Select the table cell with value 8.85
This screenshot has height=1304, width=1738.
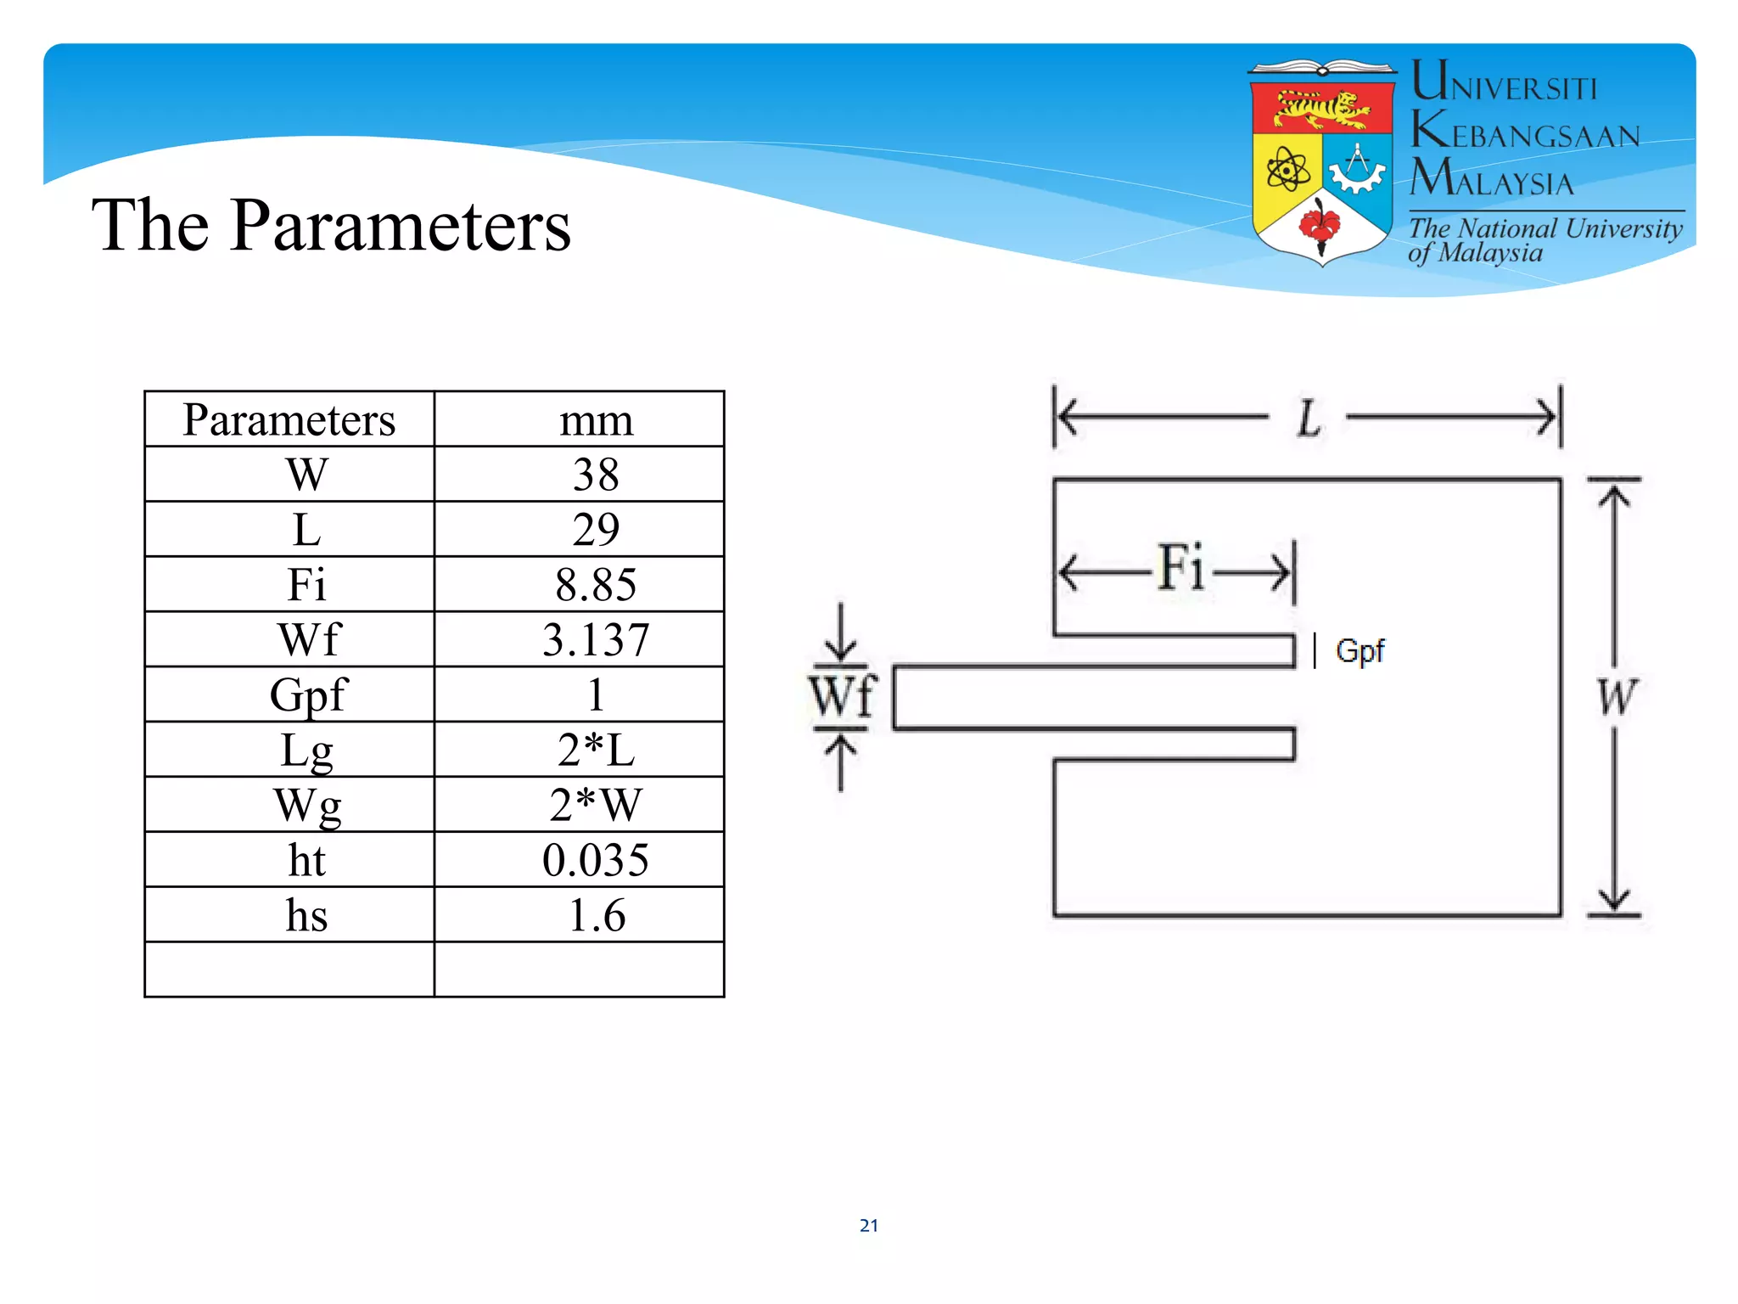(596, 585)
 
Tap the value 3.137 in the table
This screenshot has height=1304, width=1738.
(596, 640)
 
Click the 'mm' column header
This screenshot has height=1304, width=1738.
(596, 420)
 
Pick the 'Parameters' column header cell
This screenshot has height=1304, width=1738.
(289, 420)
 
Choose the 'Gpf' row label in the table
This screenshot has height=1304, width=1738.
(308, 695)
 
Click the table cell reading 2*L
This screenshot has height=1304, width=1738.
(596, 750)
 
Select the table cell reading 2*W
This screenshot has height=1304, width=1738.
(596, 805)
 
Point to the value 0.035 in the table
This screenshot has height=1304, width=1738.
(596, 860)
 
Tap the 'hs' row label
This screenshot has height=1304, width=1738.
(306, 915)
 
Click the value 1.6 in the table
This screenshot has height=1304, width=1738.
(596, 915)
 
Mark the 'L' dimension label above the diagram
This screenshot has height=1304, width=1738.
(1309, 419)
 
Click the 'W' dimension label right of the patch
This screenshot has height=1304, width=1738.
(1616, 698)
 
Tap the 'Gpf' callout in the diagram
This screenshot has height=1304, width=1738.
(1360, 651)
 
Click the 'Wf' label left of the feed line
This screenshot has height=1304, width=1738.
(841, 697)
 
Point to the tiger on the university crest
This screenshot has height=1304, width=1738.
(1322, 110)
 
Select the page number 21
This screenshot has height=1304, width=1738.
(869, 1225)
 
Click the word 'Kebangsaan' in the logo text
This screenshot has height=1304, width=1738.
(1526, 132)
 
